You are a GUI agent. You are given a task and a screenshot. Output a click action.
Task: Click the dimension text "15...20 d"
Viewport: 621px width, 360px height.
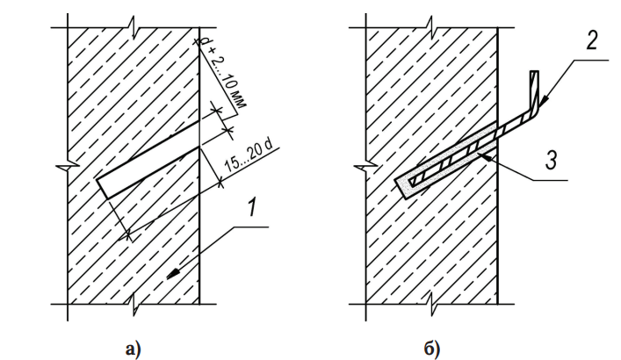point(248,156)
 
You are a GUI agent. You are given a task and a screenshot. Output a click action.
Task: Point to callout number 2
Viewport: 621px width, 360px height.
point(591,41)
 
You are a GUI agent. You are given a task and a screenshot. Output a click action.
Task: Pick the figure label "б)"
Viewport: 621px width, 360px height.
point(431,349)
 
